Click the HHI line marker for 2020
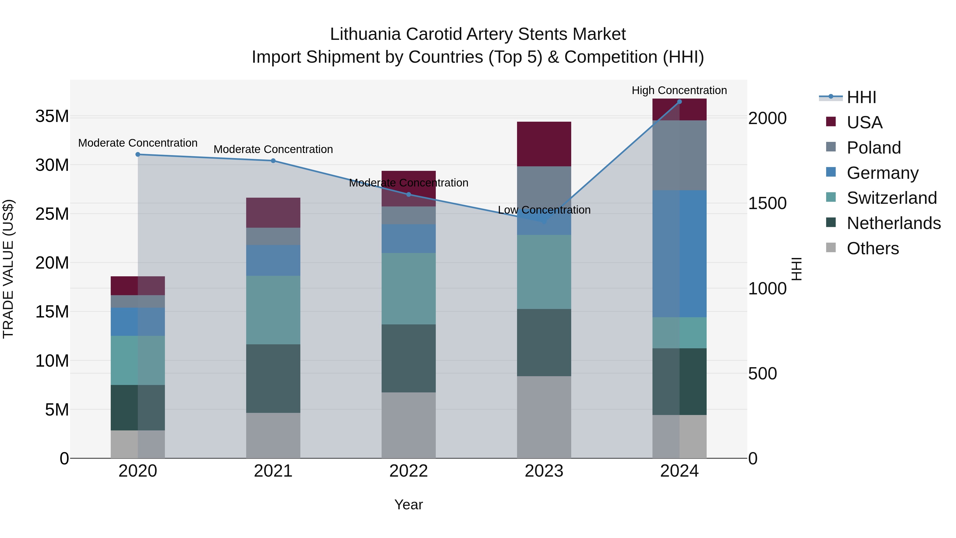[x=138, y=154]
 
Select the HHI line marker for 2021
[x=273, y=161]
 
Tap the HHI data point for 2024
[x=680, y=102]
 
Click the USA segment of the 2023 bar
[x=544, y=144]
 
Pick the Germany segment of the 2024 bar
[x=680, y=254]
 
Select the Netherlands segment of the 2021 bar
[x=273, y=378]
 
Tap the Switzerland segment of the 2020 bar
[x=138, y=360]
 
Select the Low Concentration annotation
[x=544, y=210]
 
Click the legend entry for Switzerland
[x=891, y=198]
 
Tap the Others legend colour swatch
[x=831, y=248]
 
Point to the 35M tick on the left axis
[x=52, y=116]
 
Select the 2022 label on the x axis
[x=409, y=471]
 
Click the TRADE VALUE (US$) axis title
[x=8, y=269]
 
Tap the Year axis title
[x=409, y=505]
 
